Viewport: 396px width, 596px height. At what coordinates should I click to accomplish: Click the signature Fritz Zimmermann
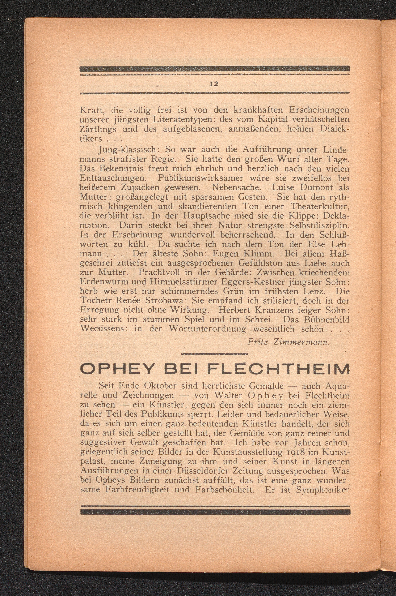coord(289,342)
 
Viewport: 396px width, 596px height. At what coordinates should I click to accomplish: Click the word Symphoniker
coord(323,490)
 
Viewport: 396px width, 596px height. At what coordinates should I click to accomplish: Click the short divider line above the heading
coord(215,354)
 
